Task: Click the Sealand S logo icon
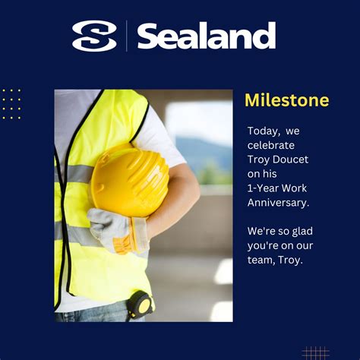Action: point(94,36)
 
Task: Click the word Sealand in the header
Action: point(206,36)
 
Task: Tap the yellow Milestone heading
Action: point(286,100)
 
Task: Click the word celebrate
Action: point(271,145)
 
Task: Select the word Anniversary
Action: point(278,202)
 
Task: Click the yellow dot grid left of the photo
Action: point(11,103)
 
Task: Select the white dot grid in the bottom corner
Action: point(315,352)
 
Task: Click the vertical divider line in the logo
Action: point(127,36)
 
